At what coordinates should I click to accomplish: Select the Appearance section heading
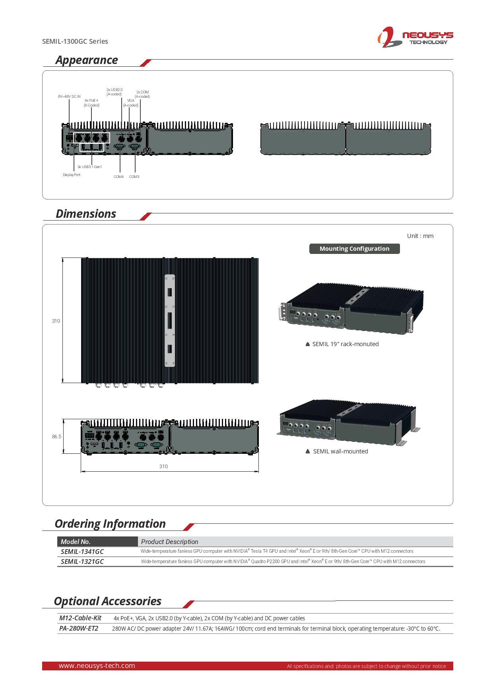(87, 60)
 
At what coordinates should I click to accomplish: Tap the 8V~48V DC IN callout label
(69, 97)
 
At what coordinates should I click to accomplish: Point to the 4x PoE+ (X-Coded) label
(91, 103)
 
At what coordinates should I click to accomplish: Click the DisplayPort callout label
(72, 175)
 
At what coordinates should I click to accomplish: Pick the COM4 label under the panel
(118, 177)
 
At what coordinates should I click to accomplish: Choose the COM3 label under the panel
(134, 177)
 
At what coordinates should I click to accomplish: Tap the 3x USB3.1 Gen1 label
(90, 167)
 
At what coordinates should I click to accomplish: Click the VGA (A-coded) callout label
(131, 103)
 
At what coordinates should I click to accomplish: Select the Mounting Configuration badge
(355, 249)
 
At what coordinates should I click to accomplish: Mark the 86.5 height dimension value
(56, 436)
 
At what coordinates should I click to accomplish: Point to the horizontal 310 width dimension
(163, 467)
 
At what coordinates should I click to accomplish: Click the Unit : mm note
(420, 236)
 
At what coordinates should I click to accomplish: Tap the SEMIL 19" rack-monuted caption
(345, 344)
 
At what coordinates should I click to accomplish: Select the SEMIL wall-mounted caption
(340, 451)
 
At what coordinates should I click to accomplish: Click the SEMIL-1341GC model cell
(82, 552)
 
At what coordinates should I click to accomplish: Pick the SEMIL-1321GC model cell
(82, 561)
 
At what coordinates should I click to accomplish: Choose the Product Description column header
(170, 542)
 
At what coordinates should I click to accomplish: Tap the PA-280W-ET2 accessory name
(79, 628)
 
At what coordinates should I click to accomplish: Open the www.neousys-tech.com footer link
(97, 666)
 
